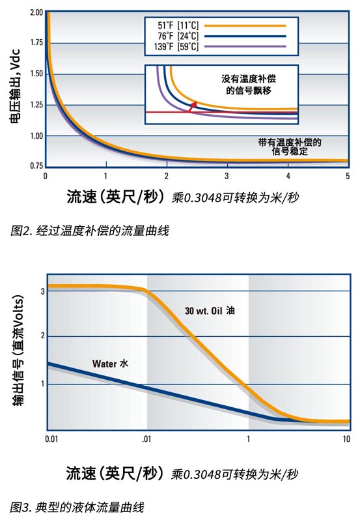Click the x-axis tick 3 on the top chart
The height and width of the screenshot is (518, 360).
click(226, 177)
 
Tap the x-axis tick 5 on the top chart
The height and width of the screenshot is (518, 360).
click(347, 177)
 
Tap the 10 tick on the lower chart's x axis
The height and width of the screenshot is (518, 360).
click(346, 439)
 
